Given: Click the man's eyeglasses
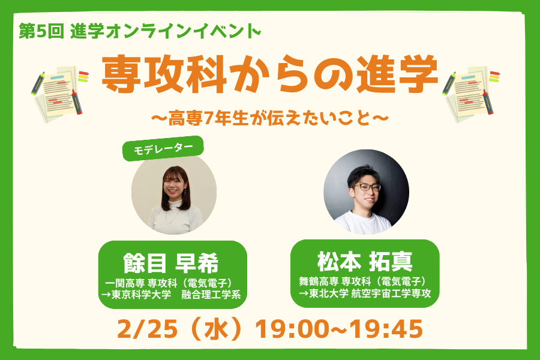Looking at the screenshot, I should point(367,187).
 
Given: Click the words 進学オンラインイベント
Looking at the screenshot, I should point(166,32).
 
